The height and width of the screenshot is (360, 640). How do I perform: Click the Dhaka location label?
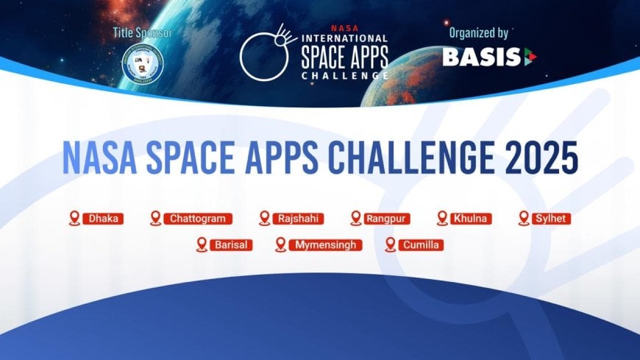(104, 219)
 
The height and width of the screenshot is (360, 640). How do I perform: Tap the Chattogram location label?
(199, 219)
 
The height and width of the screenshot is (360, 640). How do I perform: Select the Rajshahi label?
(296, 219)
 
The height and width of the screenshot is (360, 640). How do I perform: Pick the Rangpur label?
(388, 219)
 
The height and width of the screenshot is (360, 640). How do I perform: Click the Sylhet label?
(552, 219)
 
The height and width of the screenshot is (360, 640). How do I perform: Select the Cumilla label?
(422, 244)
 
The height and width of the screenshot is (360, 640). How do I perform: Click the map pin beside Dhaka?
(74, 218)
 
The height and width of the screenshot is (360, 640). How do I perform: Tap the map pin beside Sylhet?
(524, 218)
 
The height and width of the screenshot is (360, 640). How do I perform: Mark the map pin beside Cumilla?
(390, 244)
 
